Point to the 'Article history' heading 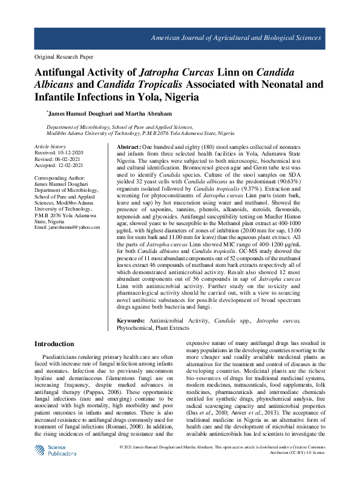(50, 147)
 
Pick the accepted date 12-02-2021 (70, 167)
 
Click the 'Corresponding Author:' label (61, 180)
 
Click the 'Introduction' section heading (54, 344)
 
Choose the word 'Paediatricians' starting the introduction (62, 359)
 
